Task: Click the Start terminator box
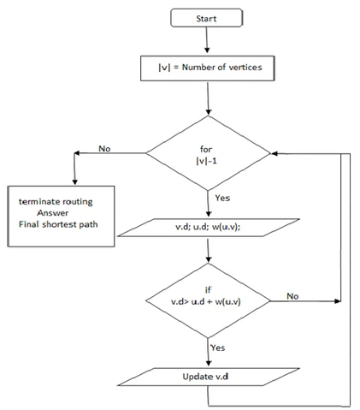pyautogui.click(x=207, y=17)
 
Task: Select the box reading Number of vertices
pyautogui.click(x=207, y=64)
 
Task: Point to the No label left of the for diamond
pyautogui.click(x=104, y=148)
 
